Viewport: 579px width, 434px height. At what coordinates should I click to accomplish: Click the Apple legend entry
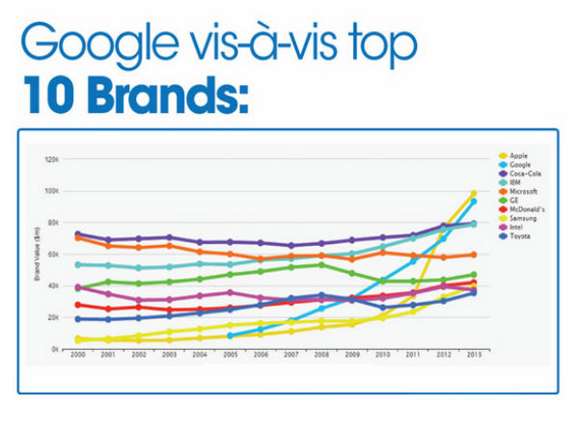tap(516, 155)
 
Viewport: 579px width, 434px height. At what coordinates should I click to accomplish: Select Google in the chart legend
tap(518, 165)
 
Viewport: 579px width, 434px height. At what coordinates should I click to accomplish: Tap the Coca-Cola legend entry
tap(521, 174)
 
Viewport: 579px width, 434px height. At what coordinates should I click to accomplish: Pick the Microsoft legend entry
tap(521, 192)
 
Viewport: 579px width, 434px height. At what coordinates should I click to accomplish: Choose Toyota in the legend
tap(518, 237)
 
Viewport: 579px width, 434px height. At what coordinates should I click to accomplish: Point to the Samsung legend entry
tap(521, 219)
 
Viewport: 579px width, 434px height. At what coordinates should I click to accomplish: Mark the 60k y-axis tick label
tap(52, 254)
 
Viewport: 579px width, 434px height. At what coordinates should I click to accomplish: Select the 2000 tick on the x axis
tap(77, 357)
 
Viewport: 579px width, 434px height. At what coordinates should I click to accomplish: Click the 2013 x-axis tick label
tap(473, 357)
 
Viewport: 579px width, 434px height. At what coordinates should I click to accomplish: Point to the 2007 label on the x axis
tap(290, 357)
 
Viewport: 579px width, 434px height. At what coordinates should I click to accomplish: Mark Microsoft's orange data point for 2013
tap(473, 255)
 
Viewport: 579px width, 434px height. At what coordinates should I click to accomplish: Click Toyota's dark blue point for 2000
tap(77, 319)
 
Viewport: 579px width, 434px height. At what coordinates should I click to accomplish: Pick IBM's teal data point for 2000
tap(77, 264)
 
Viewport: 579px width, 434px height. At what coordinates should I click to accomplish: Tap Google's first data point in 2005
tap(230, 336)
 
